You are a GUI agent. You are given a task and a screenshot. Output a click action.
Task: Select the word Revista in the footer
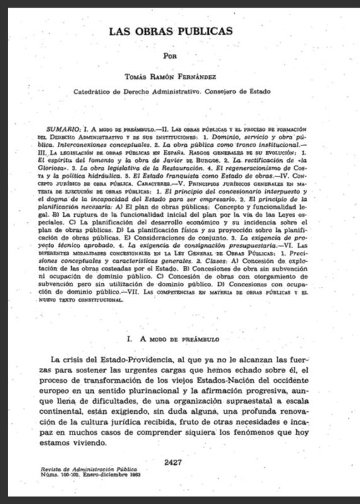coord(52,470)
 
